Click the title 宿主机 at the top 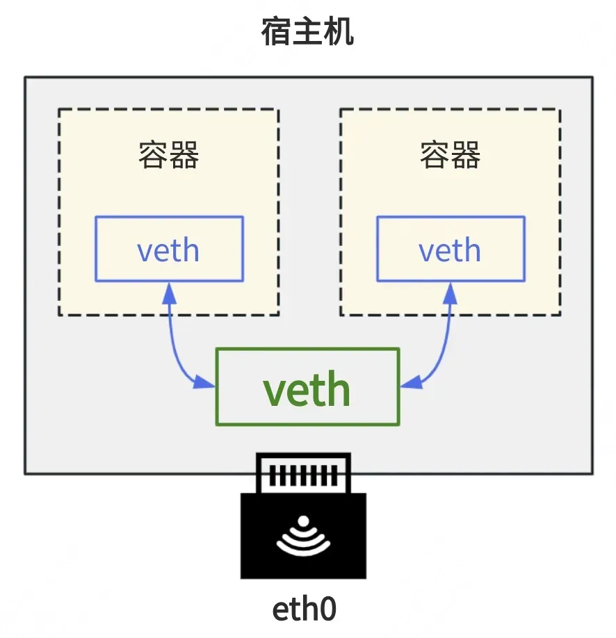coord(307,32)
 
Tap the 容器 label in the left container coord(168,154)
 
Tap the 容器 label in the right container coord(451,154)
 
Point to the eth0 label coord(304,609)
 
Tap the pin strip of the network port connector coord(303,475)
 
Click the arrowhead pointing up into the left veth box coord(169,293)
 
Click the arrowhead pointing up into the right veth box coord(451,293)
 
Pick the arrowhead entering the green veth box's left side coord(204,382)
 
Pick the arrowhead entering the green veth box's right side coord(412,382)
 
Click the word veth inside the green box coord(307,388)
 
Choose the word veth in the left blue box coord(168,249)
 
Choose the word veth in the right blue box coord(450,249)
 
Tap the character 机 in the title coord(339,32)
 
